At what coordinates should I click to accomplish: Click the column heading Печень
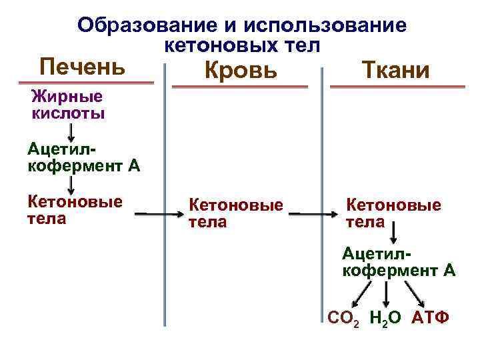pyautogui.click(x=82, y=67)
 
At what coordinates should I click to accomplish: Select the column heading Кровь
pyautogui.click(x=241, y=69)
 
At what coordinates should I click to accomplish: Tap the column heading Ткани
pyautogui.click(x=395, y=69)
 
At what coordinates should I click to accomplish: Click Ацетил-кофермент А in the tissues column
pyautogui.click(x=398, y=262)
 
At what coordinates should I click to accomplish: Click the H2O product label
pyautogui.click(x=385, y=319)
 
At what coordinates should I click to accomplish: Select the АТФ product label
pyautogui.click(x=431, y=319)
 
